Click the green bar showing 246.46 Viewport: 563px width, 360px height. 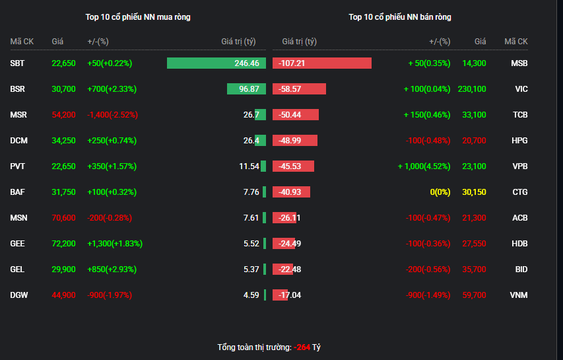216,63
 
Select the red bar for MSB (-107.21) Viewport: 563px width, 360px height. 322,63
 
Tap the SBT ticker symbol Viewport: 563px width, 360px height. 17,63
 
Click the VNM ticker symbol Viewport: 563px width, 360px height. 519,295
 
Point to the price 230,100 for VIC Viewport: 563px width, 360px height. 472,89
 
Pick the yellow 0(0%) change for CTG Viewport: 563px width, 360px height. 440,192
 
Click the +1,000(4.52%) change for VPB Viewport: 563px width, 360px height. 424,166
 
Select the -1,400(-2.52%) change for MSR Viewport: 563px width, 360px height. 112,115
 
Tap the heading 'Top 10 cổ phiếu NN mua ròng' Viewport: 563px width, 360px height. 138,17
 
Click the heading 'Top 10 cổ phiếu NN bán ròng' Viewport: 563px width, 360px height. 400,17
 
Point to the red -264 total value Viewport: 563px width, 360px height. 302,347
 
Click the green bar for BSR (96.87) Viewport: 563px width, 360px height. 246,89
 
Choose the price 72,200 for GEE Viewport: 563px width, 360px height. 63,244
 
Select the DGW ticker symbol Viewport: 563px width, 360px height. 19,295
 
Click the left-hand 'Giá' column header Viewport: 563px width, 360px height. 57,42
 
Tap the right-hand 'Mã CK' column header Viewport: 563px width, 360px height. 516,42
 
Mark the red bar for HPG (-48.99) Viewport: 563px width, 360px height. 295,141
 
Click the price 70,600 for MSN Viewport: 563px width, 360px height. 63,218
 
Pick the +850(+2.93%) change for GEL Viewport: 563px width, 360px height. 112,270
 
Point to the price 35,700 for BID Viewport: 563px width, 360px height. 474,270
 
